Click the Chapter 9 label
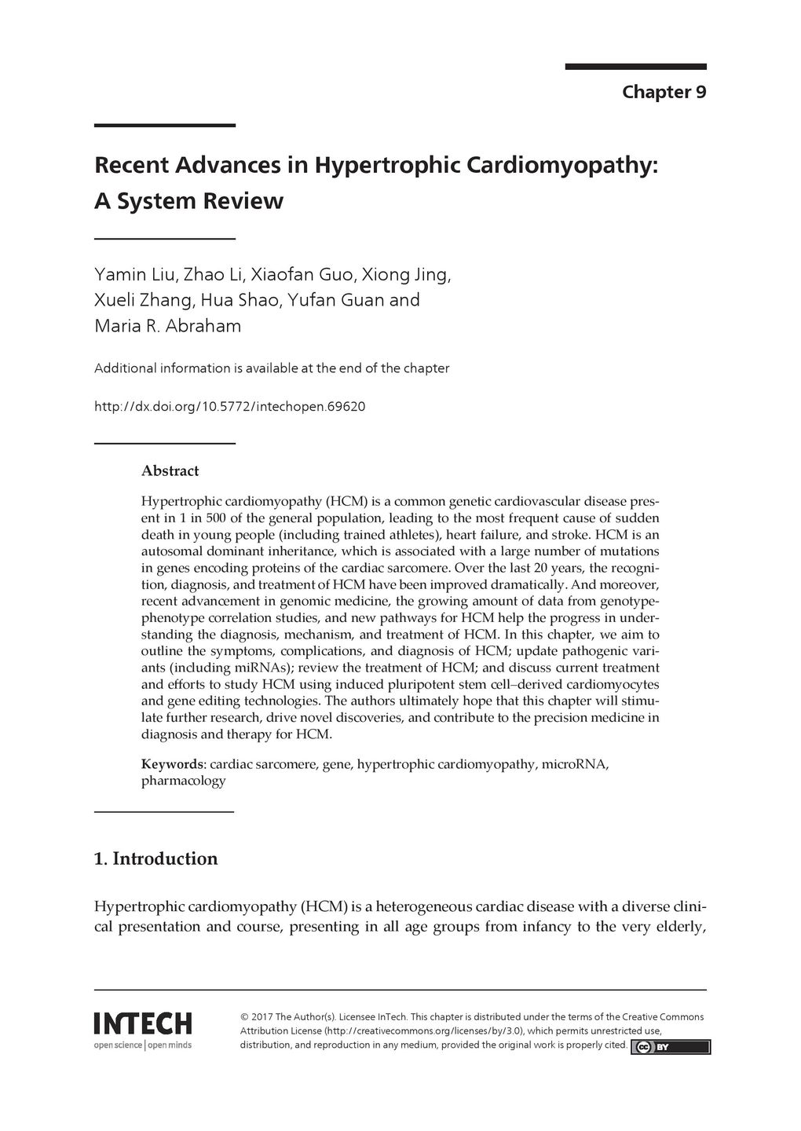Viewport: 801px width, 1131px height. point(664,92)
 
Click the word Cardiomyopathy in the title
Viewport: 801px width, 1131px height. point(562,166)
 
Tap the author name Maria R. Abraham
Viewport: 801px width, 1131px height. point(167,326)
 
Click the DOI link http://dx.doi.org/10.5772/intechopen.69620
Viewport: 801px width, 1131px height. point(229,407)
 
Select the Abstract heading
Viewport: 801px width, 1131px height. point(170,471)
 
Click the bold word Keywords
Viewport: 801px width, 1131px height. point(172,764)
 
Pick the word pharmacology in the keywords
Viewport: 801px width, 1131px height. point(183,781)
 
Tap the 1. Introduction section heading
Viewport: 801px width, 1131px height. point(155,858)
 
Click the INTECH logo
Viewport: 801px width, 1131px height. point(142,1024)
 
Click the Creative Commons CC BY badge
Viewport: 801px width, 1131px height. point(670,1047)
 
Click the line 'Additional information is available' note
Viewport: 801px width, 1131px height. point(271,368)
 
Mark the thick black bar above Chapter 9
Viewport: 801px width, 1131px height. point(635,67)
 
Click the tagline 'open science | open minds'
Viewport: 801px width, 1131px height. point(142,1045)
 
